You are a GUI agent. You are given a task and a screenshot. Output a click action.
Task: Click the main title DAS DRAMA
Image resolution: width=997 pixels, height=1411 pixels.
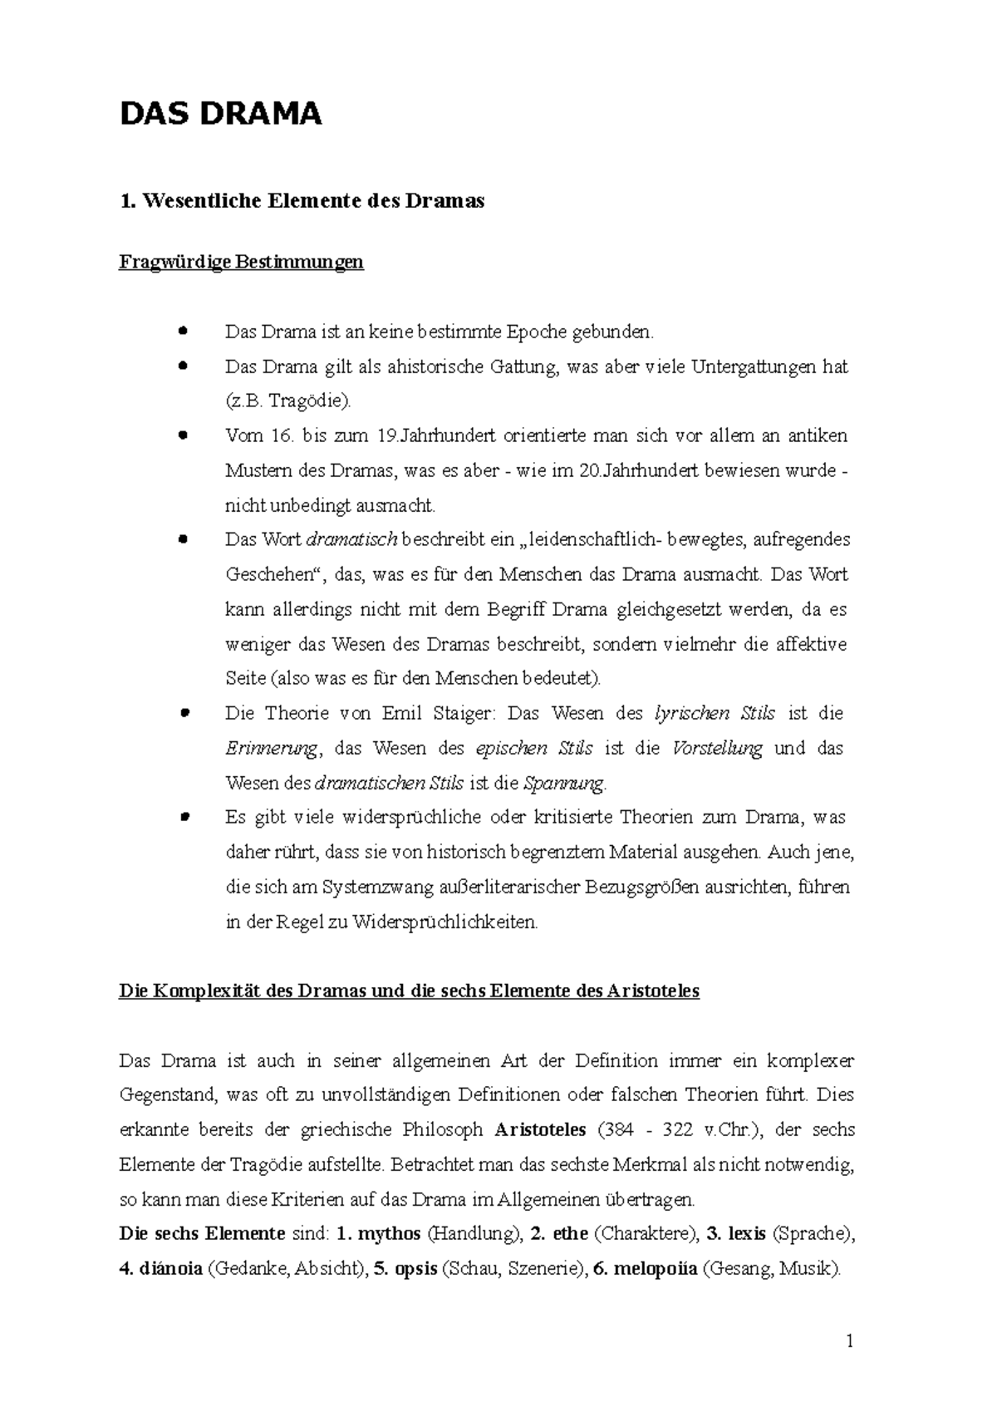[x=220, y=114]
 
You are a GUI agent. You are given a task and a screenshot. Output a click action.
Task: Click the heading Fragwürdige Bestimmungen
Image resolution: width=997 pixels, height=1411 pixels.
[x=242, y=263]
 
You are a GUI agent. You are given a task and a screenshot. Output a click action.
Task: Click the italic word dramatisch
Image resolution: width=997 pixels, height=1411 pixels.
[x=353, y=540]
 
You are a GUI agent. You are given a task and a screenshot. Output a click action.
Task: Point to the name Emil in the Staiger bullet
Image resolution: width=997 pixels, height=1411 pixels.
[x=402, y=714]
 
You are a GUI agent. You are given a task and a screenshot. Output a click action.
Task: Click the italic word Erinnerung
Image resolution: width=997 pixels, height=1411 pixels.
[x=271, y=749]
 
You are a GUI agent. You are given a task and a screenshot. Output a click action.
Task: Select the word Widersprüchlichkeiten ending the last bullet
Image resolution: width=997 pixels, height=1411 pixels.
[x=446, y=922]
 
